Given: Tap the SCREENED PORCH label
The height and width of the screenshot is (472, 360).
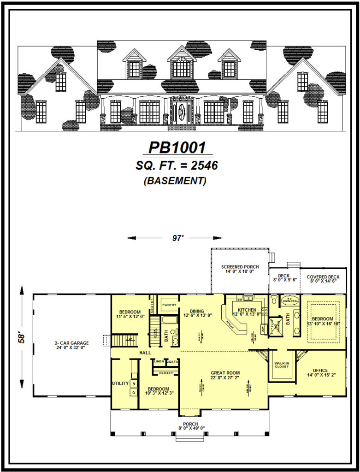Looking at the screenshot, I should point(240,267).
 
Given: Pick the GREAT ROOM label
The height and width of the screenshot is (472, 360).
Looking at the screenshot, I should point(225,373).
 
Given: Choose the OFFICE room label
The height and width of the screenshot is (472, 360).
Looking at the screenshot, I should point(320,370).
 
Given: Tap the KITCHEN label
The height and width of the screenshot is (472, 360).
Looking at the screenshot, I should point(247,310).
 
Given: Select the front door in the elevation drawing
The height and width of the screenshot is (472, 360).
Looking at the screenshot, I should point(182,112).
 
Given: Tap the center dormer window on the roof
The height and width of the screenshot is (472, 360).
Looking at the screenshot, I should point(182,68).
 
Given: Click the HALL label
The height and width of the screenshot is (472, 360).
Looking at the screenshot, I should point(133,353).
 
